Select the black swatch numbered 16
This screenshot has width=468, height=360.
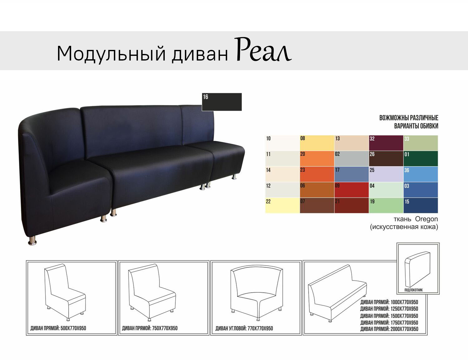click(222, 102)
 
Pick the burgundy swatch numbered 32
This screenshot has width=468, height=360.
click(386, 143)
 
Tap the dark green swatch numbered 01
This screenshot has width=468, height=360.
click(420, 159)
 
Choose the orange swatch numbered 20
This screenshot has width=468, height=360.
click(317, 159)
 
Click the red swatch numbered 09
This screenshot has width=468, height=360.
click(351, 190)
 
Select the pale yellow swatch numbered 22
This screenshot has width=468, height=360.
click(282, 206)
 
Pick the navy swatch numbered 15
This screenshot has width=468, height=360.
click(420, 206)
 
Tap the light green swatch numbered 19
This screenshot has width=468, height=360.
click(386, 206)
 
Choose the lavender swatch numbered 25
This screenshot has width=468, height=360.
click(386, 174)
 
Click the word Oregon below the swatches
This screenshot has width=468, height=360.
click(426, 219)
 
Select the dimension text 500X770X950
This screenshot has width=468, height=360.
click(73, 328)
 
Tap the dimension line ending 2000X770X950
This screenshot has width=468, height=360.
click(389, 329)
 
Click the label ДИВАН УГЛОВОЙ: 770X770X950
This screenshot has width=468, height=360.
click(244, 328)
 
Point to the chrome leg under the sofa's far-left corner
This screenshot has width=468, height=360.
click(32, 241)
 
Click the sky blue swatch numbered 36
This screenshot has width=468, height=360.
click(420, 174)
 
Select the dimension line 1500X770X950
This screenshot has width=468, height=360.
click(389, 316)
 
